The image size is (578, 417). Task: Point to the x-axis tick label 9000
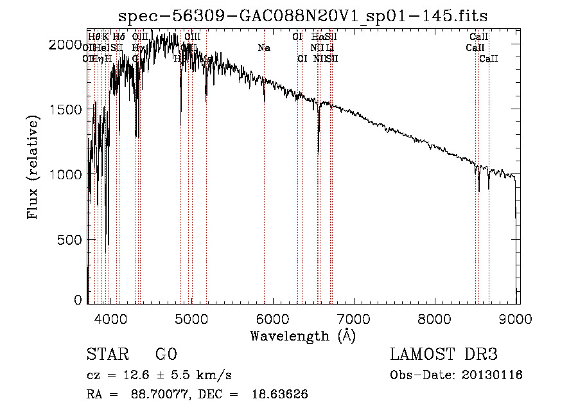pyautogui.click(x=517, y=319)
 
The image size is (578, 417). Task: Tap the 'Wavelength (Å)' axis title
pyautogui.click(x=302, y=335)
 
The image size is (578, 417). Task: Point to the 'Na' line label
pyautogui.click(x=263, y=48)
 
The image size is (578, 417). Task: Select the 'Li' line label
pyautogui.click(x=329, y=48)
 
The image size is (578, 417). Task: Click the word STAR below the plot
pyautogui.click(x=106, y=355)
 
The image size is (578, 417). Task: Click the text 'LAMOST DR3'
pyautogui.click(x=444, y=355)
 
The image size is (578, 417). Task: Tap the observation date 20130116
pyautogui.click(x=492, y=375)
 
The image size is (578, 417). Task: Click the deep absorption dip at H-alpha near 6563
pyautogui.click(x=319, y=148)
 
